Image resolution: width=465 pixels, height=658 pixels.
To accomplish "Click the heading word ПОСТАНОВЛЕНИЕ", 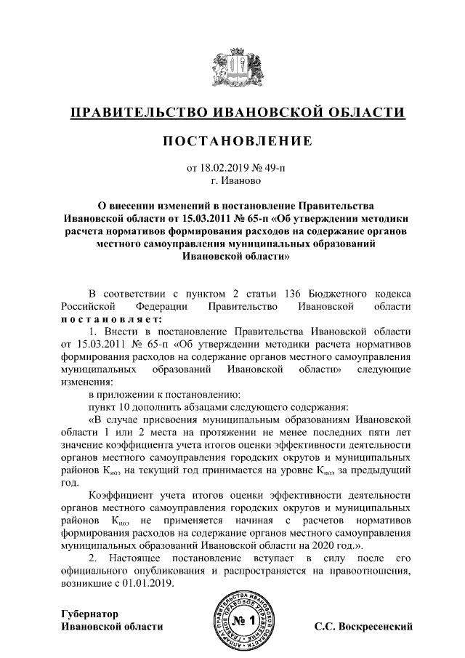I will click(x=232, y=140).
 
